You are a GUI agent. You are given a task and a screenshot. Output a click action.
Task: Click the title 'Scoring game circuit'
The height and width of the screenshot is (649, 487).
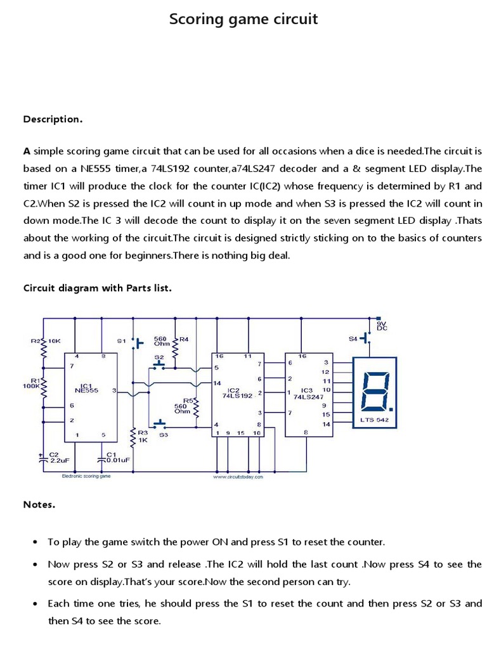(x=243, y=20)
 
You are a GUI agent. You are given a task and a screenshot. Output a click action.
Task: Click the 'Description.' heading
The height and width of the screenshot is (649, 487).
(x=53, y=119)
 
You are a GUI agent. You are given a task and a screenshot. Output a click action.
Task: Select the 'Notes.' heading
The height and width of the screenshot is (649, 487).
(x=39, y=504)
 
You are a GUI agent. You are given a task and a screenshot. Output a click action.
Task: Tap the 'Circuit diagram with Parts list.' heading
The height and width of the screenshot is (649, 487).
(x=98, y=288)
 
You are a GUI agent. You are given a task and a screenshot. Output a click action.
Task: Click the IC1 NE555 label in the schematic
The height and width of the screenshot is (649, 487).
(x=88, y=388)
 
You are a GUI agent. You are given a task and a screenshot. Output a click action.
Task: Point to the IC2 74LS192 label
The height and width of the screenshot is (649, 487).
(x=237, y=392)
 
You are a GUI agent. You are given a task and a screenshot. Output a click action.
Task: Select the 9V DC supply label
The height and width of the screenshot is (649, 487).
(x=382, y=326)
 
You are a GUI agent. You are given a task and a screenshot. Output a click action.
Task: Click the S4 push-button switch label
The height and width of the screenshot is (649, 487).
(x=353, y=339)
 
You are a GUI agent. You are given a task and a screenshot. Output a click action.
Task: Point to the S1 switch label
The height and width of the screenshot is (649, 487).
(x=121, y=341)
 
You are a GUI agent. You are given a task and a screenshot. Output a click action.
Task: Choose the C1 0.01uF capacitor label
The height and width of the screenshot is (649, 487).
(x=116, y=458)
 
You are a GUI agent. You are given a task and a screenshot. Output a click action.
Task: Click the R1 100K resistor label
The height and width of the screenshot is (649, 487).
(x=32, y=382)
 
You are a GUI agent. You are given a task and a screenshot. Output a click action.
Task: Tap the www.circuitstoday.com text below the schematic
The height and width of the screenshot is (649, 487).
(x=238, y=477)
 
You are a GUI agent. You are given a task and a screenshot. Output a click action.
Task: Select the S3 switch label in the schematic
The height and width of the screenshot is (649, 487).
(x=164, y=435)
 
